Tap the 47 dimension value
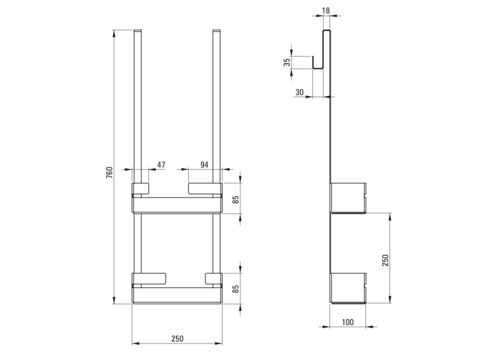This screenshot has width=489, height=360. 161,165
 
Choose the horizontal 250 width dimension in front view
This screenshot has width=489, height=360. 177,339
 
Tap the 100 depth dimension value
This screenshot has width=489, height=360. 348,322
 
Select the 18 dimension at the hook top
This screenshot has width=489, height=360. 327,11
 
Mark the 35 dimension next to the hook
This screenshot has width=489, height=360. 288,62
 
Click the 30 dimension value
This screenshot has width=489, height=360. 300,92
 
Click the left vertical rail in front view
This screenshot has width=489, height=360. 138,104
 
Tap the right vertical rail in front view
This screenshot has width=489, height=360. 216,104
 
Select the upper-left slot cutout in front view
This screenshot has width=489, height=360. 141,188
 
